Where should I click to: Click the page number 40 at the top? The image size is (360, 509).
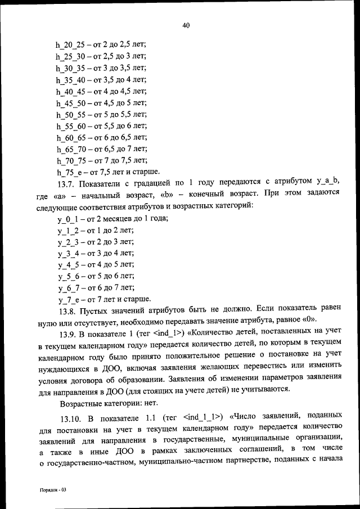pyautogui.click(x=187, y=25)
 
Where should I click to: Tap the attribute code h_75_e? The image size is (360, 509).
pyautogui.click(x=68, y=172)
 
